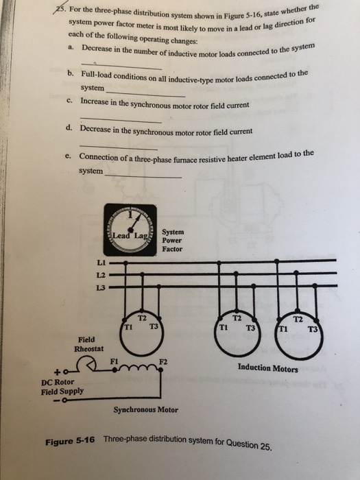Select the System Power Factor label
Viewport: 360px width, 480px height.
(172, 241)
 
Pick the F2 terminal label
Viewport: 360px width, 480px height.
(163, 361)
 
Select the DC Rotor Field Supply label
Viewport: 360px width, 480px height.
(62, 387)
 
